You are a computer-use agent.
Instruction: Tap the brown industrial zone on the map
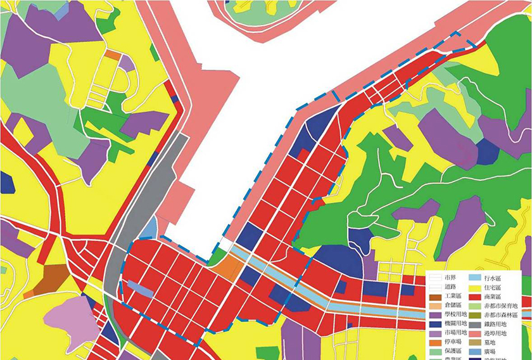pyautogui.click(x=49, y=280)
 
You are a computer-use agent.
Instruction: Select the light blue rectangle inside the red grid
pyautogui.click(x=140, y=289)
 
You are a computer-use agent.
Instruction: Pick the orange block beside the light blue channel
pyautogui.click(x=226, y=266)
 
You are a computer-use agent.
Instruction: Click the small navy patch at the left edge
pyautogui.click(x=6, y=183)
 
